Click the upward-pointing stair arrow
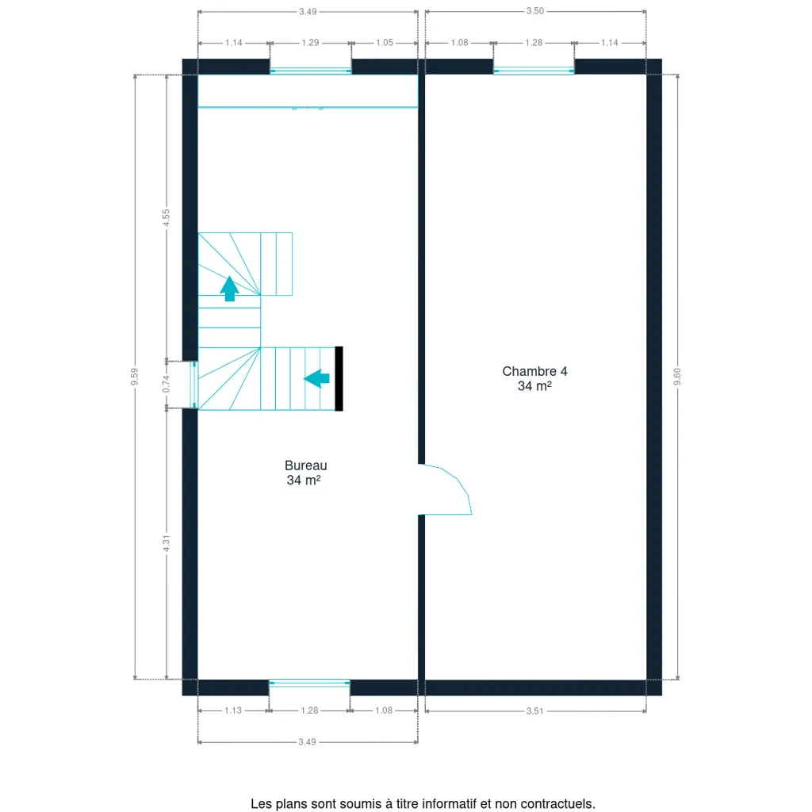coord(229,289)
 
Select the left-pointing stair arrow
coord(316,378)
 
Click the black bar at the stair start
coord(339,378)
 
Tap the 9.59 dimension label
coord(135,377)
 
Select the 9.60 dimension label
coord(677,377)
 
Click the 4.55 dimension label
coord(167,217)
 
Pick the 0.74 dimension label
coord(167,384)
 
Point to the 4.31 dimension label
coord(167,542)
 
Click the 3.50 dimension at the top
coord(535,11)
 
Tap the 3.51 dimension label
coord(535,711)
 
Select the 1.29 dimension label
coord(310,43)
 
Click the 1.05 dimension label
coord(385,43)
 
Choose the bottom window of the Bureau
coord(310,684)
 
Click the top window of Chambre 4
coord(534,71)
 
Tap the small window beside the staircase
coord(194,385)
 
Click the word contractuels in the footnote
coord(557,804)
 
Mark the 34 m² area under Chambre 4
coord(534,386)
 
